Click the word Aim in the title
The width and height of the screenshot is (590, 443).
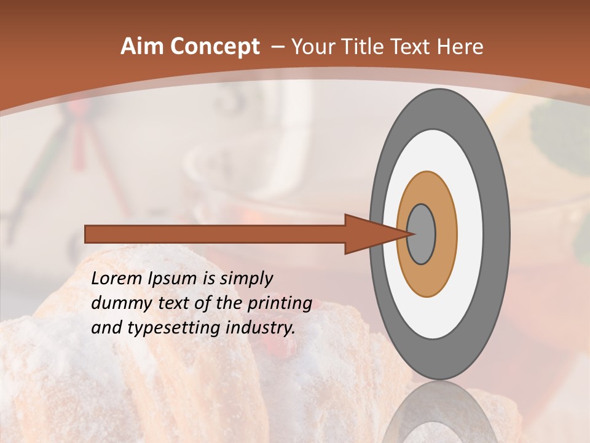(x=141, y=47)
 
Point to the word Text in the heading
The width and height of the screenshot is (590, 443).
(x=417, y=47)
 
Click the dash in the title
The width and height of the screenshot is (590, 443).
(x=277, y=47)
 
